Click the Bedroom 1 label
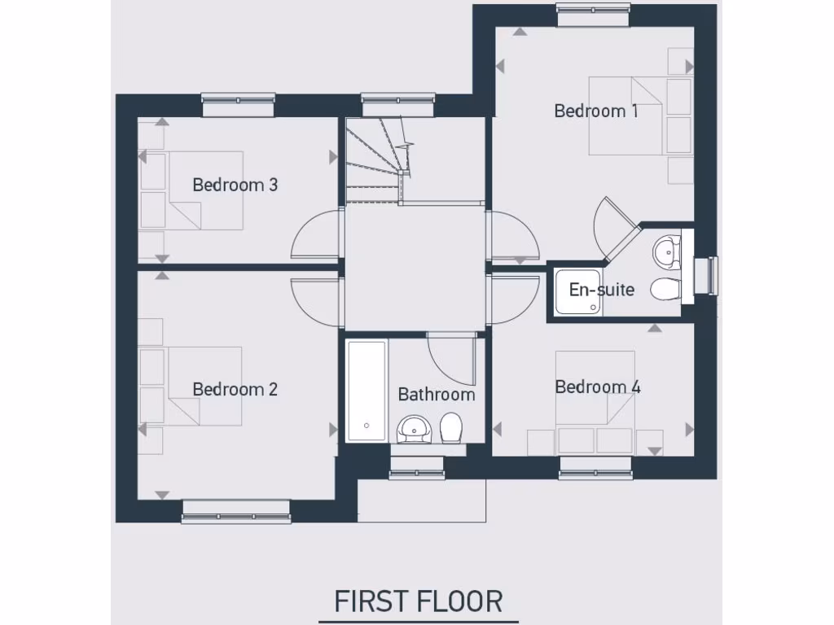595,111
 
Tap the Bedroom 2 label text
235,389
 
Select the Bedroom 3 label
235,185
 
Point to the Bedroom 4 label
597,387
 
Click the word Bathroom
436,395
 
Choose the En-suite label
601,290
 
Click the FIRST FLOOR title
418,601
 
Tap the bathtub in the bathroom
367,391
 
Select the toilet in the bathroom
451,426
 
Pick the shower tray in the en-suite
578,291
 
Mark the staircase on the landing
376,160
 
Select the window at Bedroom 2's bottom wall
236,511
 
